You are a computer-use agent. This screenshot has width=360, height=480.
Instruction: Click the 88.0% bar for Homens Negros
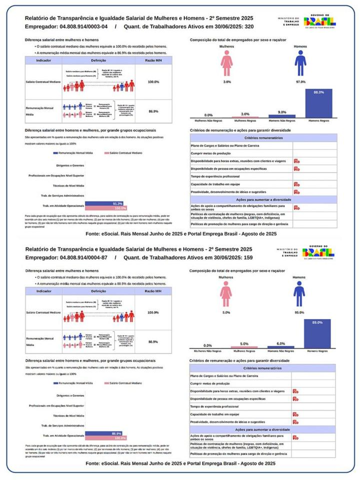point(318,104)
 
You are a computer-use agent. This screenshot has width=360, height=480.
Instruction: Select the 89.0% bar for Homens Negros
point(317,333)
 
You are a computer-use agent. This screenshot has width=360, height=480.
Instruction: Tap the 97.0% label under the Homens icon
point(300,81)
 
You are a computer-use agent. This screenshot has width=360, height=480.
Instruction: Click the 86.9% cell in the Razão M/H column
point(153,111)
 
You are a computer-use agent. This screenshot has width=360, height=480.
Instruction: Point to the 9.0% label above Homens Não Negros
point(282,112)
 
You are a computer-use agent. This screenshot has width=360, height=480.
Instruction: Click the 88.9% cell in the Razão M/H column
point(153,342)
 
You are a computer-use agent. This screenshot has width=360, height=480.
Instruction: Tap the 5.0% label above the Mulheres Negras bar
point(244,344)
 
